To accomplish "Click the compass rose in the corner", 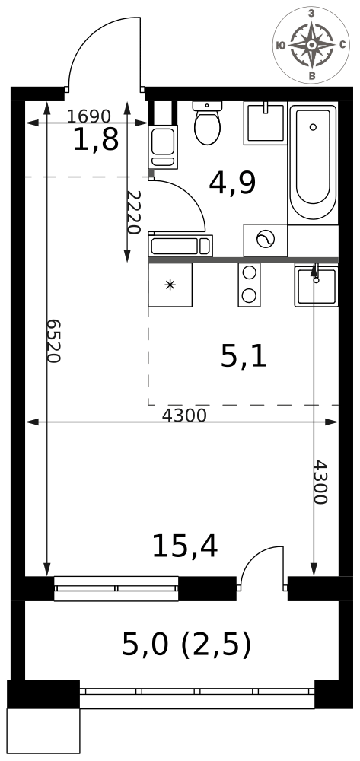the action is coord(311,45).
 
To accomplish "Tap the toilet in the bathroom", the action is coord(207,123).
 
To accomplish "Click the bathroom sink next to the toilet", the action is coord(266,123).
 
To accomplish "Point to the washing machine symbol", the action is coord(266,240).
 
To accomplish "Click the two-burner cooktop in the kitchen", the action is coord(249,285).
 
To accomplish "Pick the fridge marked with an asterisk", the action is coord(170,285).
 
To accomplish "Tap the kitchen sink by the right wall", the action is coord(317,285).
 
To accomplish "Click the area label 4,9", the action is coord(232,183).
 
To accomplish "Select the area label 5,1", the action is coord(244,358).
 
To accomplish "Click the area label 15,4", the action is coord(185,546).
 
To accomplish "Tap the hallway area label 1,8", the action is coord(96,140).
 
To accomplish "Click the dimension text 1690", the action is coord(89,116).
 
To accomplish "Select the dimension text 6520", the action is coord(53,341).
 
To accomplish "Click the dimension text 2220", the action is coord(133,212).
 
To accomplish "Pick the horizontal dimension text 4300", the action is coord(184,416).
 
